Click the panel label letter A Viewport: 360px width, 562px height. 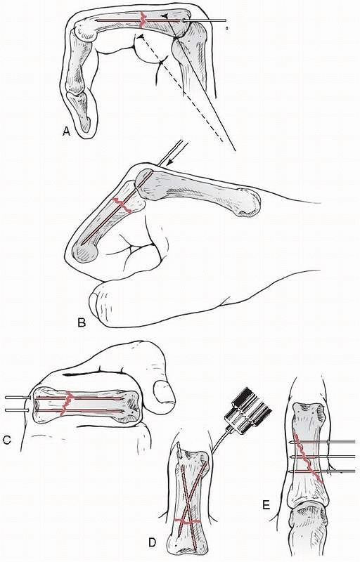coord(66,132)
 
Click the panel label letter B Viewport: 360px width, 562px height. coord(82,323)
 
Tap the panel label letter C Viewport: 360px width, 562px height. coord(7,440)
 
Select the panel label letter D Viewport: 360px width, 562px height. coord(153,543)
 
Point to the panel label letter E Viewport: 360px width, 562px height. coord(266,505)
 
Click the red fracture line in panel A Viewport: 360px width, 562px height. coord(143,20)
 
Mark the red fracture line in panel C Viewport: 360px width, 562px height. coord(66,403)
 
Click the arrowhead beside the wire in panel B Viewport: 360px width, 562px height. coord(172,163)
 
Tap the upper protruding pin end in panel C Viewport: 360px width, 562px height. coord(17,398)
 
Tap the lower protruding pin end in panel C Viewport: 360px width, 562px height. coord(17,409)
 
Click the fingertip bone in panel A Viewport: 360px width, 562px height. coord(82,110)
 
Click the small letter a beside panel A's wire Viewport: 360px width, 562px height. coord(227,27)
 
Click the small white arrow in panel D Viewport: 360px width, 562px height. coord(179,448)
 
